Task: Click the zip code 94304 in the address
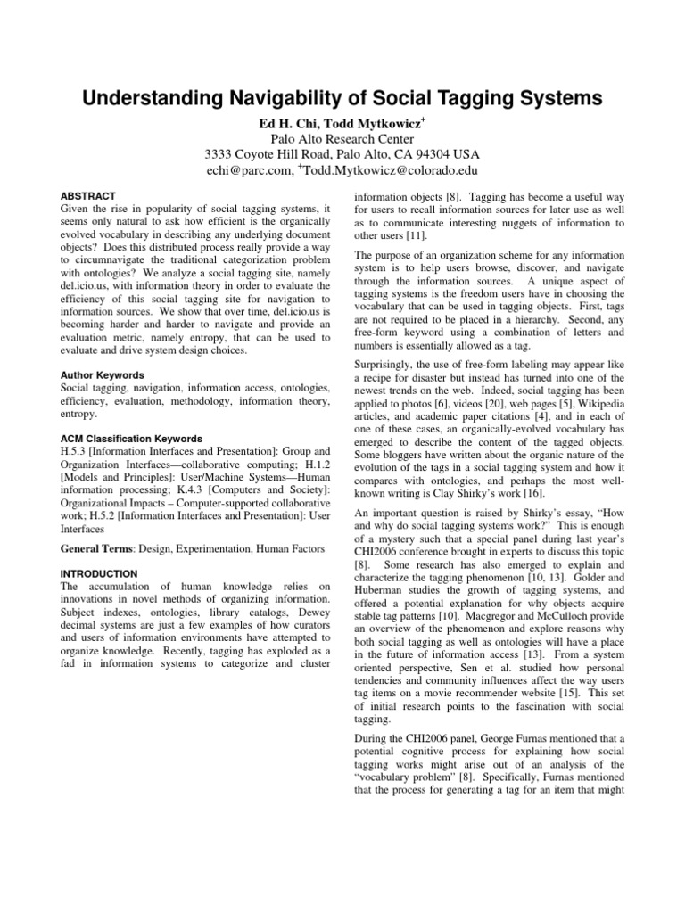[424, 154]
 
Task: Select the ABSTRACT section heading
[88, 194]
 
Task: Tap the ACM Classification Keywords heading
[131, 439]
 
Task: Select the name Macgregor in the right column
[483, 599]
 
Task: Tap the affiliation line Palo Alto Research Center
[342, 138]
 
